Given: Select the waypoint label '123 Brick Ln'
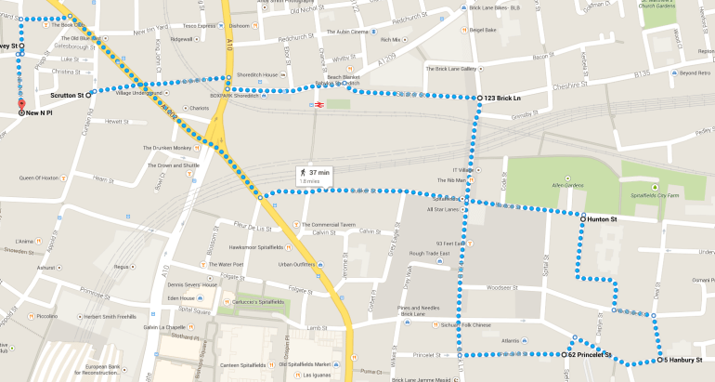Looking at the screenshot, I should (x=501, y=98).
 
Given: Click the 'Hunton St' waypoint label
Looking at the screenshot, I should (x=608, y=219).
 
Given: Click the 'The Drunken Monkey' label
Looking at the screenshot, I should (x=167, y=148).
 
